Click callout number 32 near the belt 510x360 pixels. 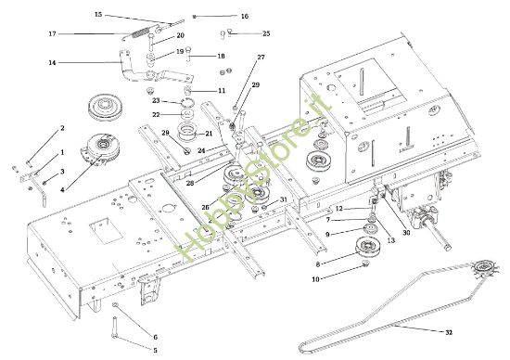coord(449,331)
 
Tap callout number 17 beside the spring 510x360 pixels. coord(52,34)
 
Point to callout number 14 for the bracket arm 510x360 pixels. coord(52,63)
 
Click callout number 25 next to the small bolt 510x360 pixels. coord(266,33)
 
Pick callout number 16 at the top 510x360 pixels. coord(244,17)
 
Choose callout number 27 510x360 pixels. coord(261,58)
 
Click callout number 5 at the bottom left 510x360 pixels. coord(155,349)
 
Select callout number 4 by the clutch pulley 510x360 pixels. coord(62,190)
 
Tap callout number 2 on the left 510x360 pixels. coord(62,128)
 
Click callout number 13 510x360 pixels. coord(390,240)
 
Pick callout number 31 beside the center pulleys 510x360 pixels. coord(284,199)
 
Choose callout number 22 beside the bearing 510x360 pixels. coord(157,114)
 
